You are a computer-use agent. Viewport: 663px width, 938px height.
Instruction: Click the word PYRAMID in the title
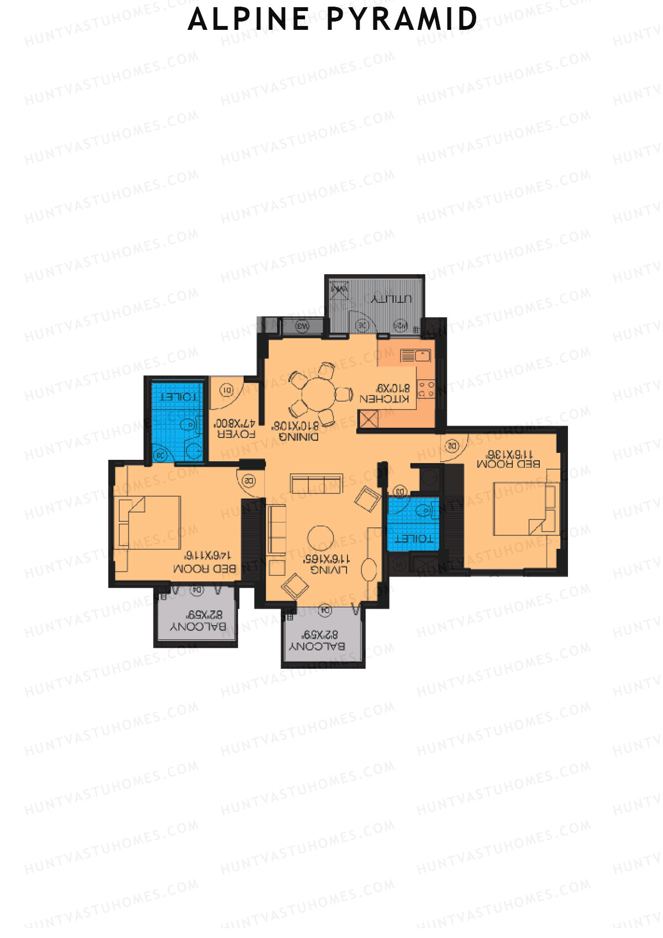click(x=402, y=19)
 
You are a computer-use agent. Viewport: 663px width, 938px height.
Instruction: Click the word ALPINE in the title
click(x=249, y=19)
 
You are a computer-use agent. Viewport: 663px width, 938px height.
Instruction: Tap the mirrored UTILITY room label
click(x=391, y=299)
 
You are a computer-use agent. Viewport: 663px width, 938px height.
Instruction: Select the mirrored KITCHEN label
click(x=385, y=399)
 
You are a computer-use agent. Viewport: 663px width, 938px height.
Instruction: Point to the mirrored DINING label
click(x=298, y=437)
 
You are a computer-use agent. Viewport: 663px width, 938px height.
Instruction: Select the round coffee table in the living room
click(x=320, y=538)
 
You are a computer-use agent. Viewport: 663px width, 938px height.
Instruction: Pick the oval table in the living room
click(x=369, y=569)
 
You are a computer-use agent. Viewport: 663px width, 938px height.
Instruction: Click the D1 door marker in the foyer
click(x=227, y=390)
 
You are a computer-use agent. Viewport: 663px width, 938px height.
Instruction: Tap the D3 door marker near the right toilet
click(x=400, y=491)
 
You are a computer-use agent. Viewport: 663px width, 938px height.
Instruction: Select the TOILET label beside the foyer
click(x=178, y=397)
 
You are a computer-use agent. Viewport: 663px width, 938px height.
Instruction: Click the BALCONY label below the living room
click(x=317, y=646)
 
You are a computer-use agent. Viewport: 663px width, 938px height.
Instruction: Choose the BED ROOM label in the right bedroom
click(x=508, y=464)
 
